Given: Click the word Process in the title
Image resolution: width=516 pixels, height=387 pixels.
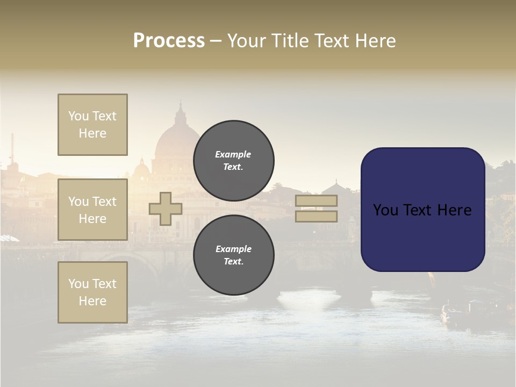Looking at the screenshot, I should pos(169,41).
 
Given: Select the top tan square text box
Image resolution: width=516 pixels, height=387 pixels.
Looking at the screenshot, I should pos(92,125).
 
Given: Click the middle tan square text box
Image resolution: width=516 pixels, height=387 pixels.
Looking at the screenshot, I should pos(92,210).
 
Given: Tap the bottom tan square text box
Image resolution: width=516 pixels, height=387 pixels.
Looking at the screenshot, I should pos(92,292).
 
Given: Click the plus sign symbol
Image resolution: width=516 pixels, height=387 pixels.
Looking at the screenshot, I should pos(165,209).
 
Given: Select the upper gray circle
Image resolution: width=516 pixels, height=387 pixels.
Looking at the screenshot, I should pos(233,161).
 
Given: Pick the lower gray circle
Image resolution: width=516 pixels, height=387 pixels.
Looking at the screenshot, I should pos(233,255).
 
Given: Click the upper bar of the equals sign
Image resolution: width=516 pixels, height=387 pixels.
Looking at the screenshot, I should pos(316,201).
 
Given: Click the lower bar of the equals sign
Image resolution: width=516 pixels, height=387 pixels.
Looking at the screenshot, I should pos(316,216).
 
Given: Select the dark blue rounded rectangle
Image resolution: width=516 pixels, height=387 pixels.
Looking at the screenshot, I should pos(422,210).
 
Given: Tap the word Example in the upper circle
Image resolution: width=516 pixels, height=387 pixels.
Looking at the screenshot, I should pos(233,154).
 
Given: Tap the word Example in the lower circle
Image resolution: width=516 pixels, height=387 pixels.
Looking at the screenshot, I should pos(233,249).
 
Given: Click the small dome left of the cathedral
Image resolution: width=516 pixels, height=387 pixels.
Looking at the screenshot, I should pos(141,169).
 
